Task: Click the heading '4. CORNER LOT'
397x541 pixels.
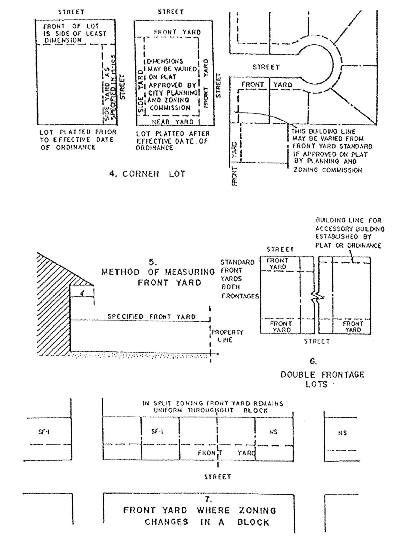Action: click(147, 174)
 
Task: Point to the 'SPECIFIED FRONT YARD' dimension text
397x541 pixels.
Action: click(151, 316)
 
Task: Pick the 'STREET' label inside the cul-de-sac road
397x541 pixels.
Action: click(266, 67)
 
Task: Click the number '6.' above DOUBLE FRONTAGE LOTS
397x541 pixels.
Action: click(313, 362)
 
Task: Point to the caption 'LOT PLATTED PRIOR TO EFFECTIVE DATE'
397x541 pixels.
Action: click(78, 140)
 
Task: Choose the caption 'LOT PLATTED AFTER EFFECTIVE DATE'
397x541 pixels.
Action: click(173, 141)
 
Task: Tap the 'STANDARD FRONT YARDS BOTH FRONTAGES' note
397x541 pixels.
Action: click(239, 279)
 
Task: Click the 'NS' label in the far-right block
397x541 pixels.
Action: click(342, 433)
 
